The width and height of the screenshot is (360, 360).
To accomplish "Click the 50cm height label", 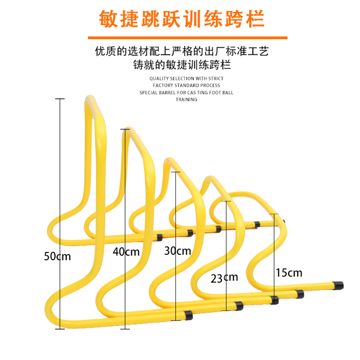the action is tap(57, 256).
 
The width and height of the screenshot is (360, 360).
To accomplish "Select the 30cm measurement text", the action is tap(177, 251).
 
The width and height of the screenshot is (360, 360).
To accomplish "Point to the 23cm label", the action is tap(224, 278).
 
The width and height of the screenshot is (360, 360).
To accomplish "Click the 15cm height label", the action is tap(289, 272).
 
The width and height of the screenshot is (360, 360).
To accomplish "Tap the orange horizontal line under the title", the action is tap(180, 38).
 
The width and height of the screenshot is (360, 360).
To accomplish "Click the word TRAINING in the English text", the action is tap(186, 99).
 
